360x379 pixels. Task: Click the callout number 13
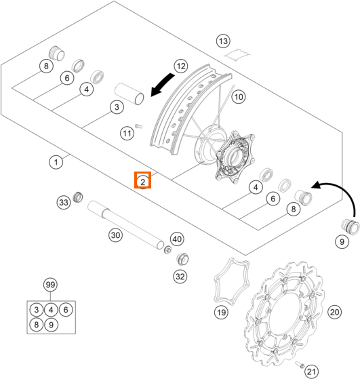pos(223,41)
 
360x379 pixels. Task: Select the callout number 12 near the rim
pos(181,66)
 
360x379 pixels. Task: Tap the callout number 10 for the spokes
pos(239,97)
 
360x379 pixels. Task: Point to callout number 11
pos(127,133)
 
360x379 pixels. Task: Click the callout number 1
pos(56,162)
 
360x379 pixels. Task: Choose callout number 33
pos(64,202)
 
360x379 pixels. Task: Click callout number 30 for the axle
pos(115,235)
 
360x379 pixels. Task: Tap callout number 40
pos(177,239)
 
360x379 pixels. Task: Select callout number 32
pos(180,276)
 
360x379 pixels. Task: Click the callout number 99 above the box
pos(50,285)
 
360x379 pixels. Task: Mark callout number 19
pos(221,313)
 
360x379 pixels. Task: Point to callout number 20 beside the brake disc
pos(335,312)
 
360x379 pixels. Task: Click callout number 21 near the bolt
pos(311,372)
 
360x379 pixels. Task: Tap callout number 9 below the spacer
pos(342,241)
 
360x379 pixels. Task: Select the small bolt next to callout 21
pos(300,365)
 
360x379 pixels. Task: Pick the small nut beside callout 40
pos(167,250)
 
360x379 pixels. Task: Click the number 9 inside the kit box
pos(51,324)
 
